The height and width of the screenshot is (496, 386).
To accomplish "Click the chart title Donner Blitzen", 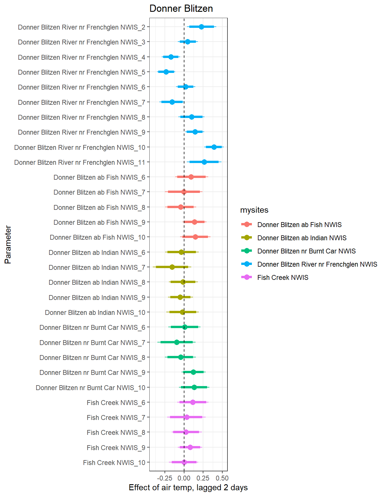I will [181, 9].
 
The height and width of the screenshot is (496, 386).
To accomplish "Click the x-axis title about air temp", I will [188, 487].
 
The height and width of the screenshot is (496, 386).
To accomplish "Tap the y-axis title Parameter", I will [8, 245].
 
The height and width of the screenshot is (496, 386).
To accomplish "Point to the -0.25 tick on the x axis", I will [165, 478].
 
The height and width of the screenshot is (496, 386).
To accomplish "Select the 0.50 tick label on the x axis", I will [222, 478].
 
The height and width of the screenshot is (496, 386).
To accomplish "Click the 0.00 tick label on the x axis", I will [184, 478].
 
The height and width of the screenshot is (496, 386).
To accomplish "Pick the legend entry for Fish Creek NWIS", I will [283, 278].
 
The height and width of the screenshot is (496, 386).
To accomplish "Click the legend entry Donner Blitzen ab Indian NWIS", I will [302, 238].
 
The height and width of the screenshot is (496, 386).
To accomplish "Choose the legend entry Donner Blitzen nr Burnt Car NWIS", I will [306, 251].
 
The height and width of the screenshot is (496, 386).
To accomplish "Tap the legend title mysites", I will [254, 210].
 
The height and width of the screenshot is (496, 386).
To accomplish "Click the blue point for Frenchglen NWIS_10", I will [214, 147].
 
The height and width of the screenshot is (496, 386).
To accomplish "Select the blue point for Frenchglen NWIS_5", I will [166, 72].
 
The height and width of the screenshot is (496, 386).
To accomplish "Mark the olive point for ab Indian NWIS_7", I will [172, 267].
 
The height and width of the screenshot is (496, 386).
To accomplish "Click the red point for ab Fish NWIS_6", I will [191, 177].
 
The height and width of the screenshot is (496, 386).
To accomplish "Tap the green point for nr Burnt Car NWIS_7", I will [177, 342].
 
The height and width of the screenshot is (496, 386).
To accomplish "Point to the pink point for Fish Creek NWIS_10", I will [184, 462].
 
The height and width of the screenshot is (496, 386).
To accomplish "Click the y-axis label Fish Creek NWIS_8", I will [116, 433].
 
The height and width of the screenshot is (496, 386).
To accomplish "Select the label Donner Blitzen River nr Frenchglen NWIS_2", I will [82, 27].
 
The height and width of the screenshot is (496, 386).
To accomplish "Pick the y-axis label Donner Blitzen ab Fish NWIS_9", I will [99, 222].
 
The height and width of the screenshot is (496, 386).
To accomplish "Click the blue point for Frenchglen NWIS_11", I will [204, 162].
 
